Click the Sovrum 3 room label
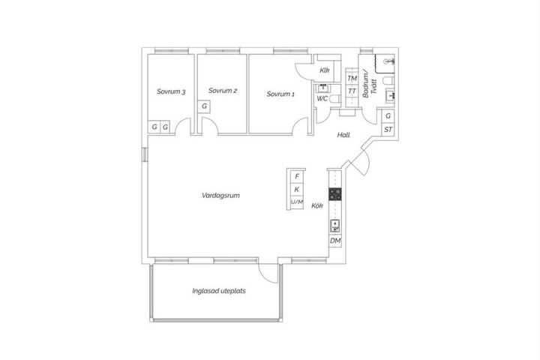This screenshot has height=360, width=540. click(x=171, y=91)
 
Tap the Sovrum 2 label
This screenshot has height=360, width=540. click(x=223, y=91)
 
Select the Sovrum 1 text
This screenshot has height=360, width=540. click(x=280, y=94)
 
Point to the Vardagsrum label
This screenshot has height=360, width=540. click(x=220, y=195)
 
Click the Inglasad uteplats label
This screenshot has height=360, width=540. click(x=219, y=291)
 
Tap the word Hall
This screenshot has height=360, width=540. click(x=343, y=135)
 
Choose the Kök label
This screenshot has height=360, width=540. click(x=317, y=205)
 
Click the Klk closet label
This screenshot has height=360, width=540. click(x=325, y=70)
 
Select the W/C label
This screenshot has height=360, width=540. click(x=322, y=98)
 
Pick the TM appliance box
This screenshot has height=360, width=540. click(x=352, y=79)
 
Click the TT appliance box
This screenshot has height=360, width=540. click(x=352, y=91)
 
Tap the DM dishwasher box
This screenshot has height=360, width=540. click(x=335, y=241)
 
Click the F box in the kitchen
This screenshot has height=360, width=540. click(x=297, y=176)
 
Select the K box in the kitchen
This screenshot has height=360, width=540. click(x=297, y=189)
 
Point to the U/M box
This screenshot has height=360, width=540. click(x=297, y=202)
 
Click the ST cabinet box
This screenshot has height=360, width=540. click(x=388, y=130)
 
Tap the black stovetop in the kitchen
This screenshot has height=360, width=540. click(x=335, y=194)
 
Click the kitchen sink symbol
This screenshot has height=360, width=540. click(x=335, y=226)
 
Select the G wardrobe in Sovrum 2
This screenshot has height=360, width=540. click(x=204, y=106)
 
